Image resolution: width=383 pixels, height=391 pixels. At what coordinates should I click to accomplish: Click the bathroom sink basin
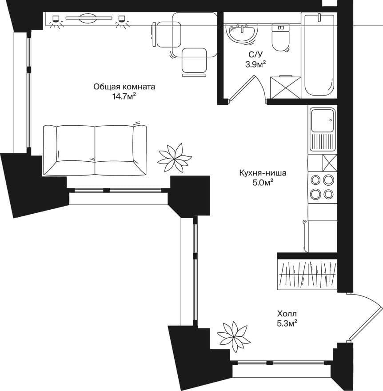tap(241, 34)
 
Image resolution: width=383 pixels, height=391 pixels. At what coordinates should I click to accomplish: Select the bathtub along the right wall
tap(319, 55)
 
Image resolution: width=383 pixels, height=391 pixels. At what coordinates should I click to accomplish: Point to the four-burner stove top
tap(322, 187)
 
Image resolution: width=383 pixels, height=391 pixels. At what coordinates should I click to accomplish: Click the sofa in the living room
tap(95, 150)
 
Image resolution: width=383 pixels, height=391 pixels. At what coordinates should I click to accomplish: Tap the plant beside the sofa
tap(175, 157)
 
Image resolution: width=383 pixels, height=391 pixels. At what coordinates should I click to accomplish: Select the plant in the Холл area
tap(234, 336)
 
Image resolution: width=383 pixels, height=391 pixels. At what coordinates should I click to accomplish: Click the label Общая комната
tap(124, 87)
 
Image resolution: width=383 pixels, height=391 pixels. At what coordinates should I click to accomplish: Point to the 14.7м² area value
tap(124, 96)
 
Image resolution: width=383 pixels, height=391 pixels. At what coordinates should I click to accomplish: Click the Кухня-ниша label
tap(263, 173)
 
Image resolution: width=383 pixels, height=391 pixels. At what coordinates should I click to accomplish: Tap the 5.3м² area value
tap(287, 323)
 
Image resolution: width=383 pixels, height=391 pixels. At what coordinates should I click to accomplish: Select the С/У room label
tap(255, 54)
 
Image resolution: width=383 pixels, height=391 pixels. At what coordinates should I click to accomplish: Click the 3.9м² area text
tap(255, 64)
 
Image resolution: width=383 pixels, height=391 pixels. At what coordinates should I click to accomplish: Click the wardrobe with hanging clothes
tap(307, 275)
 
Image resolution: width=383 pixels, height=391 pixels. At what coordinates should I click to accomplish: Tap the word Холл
tap(287, 313)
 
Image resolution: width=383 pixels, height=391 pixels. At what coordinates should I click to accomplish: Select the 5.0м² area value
tap(263, 183)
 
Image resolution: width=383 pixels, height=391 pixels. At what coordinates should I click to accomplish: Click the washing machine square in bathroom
tap(286, 87)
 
